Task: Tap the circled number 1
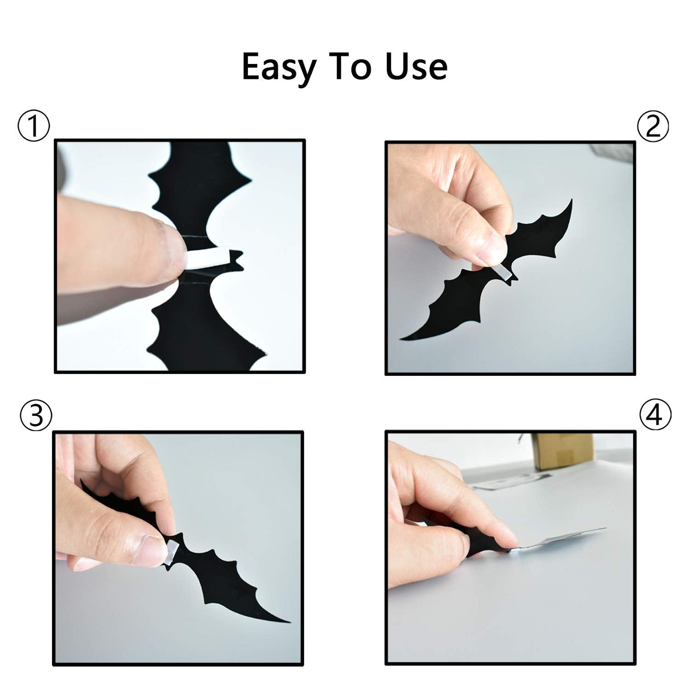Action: pos(33,126)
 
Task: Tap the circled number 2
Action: pos(653,127)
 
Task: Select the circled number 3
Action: pos(36,415)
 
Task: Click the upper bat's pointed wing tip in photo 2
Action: pos(572,200)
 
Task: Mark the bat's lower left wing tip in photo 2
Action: pos(402,339)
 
